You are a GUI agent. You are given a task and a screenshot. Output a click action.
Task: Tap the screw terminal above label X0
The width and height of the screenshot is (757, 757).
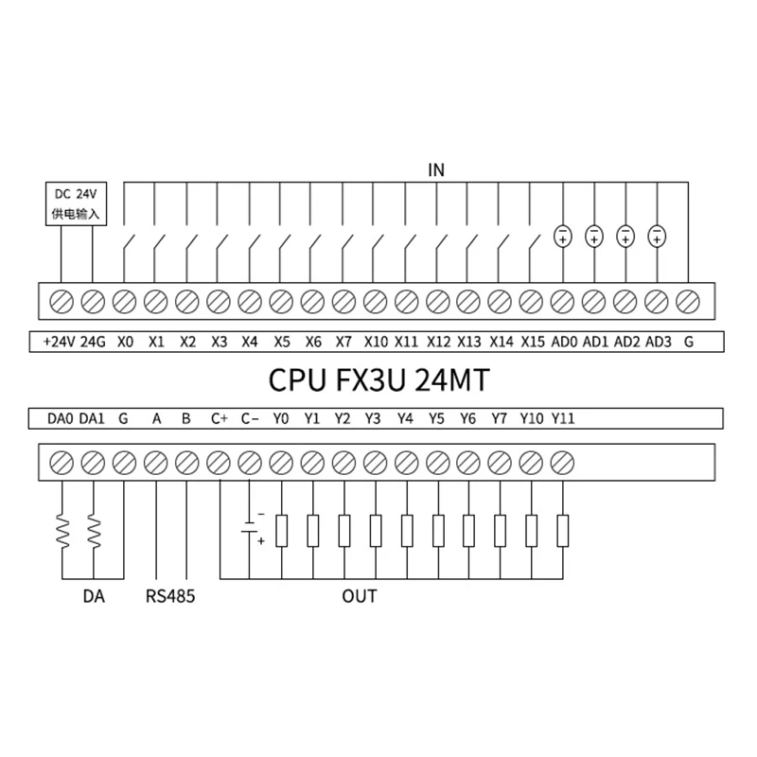point(124,301)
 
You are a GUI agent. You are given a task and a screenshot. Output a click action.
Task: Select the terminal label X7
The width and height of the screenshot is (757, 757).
point(343,341)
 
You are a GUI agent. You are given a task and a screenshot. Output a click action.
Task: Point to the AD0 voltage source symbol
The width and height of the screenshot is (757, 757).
point(562,236)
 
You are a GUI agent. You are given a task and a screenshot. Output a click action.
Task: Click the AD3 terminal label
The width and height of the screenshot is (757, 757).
point(657,341)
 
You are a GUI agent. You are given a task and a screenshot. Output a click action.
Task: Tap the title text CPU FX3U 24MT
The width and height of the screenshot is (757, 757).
point(378,379)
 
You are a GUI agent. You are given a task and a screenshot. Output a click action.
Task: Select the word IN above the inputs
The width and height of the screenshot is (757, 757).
point(436,170)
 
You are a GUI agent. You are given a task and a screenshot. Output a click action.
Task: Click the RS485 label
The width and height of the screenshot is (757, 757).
point(170,596)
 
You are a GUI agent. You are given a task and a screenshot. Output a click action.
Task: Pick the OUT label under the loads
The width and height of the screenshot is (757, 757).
point(360,596)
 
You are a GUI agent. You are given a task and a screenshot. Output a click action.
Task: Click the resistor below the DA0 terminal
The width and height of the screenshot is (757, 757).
point(62,532)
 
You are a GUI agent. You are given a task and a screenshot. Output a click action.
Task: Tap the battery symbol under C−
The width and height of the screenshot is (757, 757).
point(250,530)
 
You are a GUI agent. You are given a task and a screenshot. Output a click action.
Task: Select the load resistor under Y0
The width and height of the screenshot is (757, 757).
point(281,530)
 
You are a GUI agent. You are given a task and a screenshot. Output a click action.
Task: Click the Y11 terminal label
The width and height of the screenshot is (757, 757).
point(562,417)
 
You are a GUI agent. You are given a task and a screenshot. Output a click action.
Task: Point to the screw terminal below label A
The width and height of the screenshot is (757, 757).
point(155,463)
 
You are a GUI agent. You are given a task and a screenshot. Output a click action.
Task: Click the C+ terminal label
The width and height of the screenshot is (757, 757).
point(220,417)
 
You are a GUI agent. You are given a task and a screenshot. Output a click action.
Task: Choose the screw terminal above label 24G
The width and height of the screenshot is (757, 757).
point(93,301)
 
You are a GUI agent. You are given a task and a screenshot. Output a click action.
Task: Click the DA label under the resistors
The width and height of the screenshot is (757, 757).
point(93,596)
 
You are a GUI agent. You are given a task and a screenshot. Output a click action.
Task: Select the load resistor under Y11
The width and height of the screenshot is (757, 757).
point(562,530)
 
